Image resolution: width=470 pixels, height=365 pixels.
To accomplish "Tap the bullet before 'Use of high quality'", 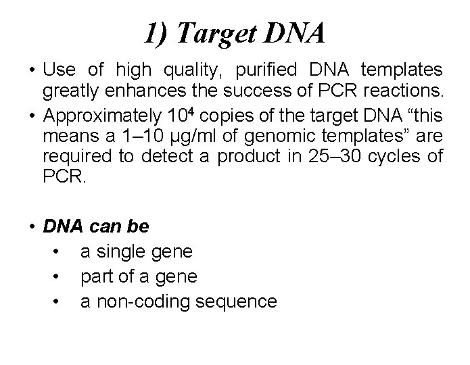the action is click(32, 70).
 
